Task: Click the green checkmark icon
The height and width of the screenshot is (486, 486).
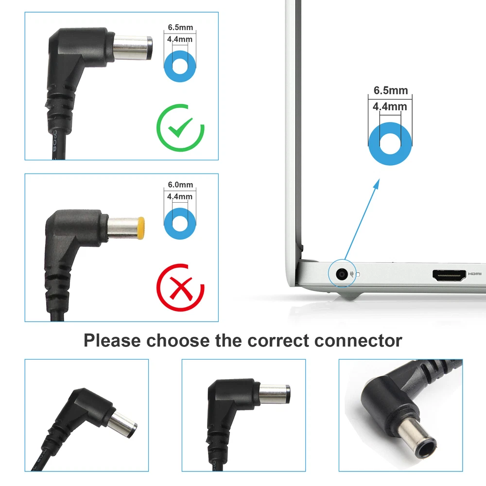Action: point(181,128)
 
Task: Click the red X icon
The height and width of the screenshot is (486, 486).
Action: point(181,288)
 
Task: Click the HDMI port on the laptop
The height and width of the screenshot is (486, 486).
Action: point(449,275)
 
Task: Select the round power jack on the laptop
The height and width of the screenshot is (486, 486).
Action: point(342,274)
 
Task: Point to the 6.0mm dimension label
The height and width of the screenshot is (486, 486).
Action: point(180,185)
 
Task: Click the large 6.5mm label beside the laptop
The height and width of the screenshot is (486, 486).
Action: point(391,90)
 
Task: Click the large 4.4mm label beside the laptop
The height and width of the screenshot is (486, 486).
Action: point(390,106)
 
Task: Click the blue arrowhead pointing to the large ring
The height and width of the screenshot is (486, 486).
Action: point(376,184)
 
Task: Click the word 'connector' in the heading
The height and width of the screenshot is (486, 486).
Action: point(358,341)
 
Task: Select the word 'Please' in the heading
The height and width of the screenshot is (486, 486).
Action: point(112,341)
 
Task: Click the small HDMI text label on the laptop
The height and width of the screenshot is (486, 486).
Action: point(474,274)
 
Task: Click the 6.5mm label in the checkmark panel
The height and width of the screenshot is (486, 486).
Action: point(180,27)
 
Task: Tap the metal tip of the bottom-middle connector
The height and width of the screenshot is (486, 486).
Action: point(274,394)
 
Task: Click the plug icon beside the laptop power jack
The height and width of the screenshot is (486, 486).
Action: point(352,274)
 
